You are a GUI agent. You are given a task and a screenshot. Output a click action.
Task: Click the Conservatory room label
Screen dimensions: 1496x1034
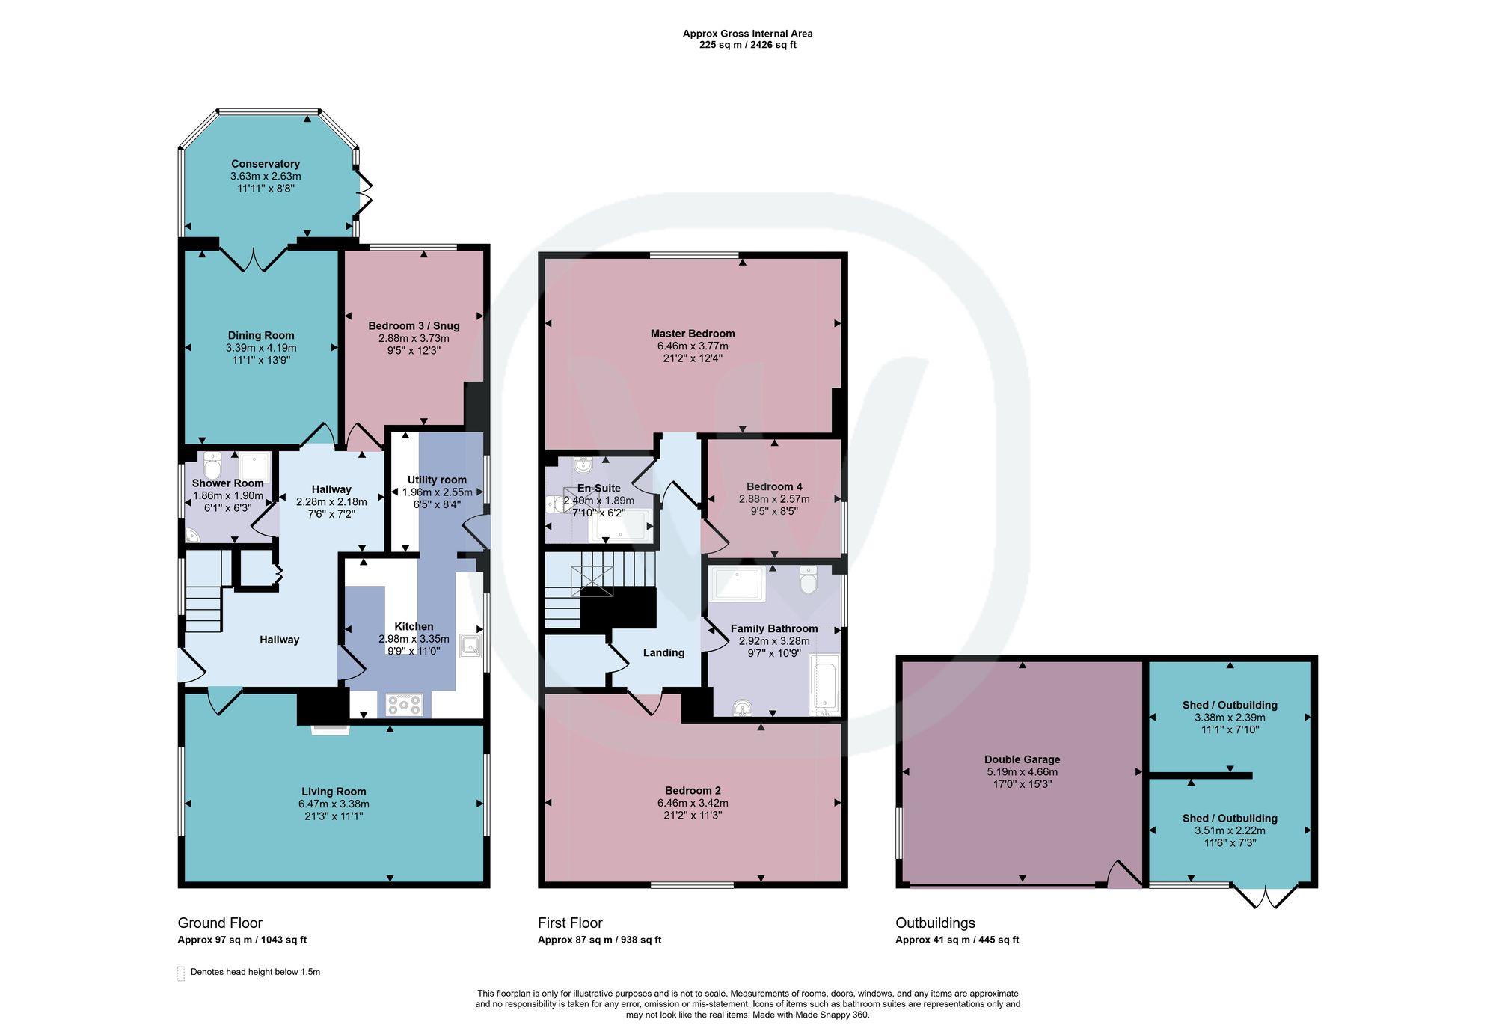[x=266, y=164]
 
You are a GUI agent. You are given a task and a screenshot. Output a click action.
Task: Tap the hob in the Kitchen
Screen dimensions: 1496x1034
[x=405, y=705]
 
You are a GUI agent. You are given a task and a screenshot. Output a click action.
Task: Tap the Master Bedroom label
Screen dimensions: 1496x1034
[x=693, y=334]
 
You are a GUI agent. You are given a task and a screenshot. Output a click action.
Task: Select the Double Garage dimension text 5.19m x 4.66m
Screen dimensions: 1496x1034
[x=1023, y=772]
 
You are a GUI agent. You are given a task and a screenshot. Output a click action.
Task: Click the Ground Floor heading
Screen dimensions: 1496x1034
[x=220, y=923]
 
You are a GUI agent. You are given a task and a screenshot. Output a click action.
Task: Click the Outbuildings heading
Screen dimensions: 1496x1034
[x=936, y=923]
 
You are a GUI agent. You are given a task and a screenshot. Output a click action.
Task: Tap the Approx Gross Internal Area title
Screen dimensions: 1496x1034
[x=748, y=34]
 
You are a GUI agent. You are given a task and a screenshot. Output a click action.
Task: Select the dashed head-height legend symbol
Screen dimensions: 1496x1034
[x=180, y=973]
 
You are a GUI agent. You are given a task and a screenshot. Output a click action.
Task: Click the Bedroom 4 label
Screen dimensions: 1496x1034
[x=774, y=486]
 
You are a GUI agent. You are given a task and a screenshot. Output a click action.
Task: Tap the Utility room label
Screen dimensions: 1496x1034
[x=437, y=480]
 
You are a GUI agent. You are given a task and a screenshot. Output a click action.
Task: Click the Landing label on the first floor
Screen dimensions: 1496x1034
[x=663, y=652]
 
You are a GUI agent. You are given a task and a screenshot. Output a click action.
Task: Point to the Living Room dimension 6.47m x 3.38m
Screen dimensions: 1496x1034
[x=334, y=804]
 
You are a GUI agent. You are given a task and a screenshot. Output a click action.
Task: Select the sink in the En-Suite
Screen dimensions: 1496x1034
[x=583, y=466]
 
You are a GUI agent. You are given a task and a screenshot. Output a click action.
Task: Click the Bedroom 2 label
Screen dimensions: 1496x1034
[x=693, y=791]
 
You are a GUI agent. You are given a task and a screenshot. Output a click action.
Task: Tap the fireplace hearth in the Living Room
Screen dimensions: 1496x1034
[x=330, y=729]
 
